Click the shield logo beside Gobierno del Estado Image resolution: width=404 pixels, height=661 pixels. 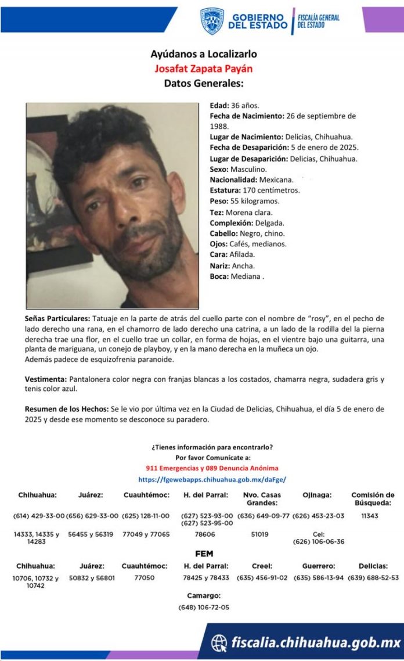(212, 21)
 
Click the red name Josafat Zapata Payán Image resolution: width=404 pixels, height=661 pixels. (203, 69)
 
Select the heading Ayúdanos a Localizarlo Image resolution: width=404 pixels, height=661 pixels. (203, 54)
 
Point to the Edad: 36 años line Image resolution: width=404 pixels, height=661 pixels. (235, 106)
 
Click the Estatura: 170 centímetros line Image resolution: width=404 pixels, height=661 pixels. (255, 190)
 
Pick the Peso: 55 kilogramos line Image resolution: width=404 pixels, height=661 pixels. (244, 201)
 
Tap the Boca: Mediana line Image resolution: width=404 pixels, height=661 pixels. (237, 276)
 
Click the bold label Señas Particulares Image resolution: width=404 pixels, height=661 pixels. (57, 319)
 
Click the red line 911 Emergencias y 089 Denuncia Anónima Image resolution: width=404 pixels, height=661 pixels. (212, 468)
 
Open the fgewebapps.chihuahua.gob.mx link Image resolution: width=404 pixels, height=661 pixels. (212, 480)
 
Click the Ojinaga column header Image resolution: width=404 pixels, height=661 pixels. (317, 495)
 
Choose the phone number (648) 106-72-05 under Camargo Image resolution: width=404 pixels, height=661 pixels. (204, 608)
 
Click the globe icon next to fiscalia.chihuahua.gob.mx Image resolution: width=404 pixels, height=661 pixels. (219, 642)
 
